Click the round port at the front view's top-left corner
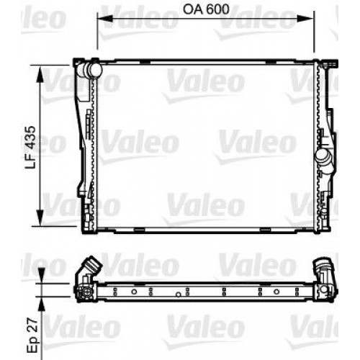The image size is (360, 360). pos(90,71)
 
